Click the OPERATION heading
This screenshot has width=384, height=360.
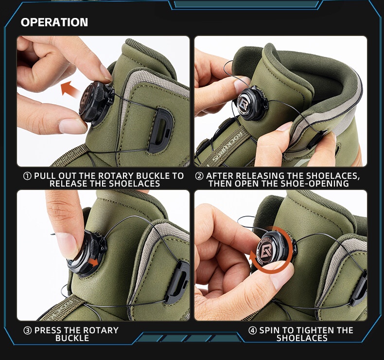click(54, 22)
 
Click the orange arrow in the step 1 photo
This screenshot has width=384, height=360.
click(71, 89)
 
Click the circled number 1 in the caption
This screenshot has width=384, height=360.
click(27, 176)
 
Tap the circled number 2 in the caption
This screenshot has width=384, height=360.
click(199, 176)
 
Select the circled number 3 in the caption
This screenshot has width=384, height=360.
click(28, 330)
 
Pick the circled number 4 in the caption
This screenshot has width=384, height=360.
click(252, 330)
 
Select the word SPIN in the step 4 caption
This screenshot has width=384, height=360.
click(270, 330)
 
